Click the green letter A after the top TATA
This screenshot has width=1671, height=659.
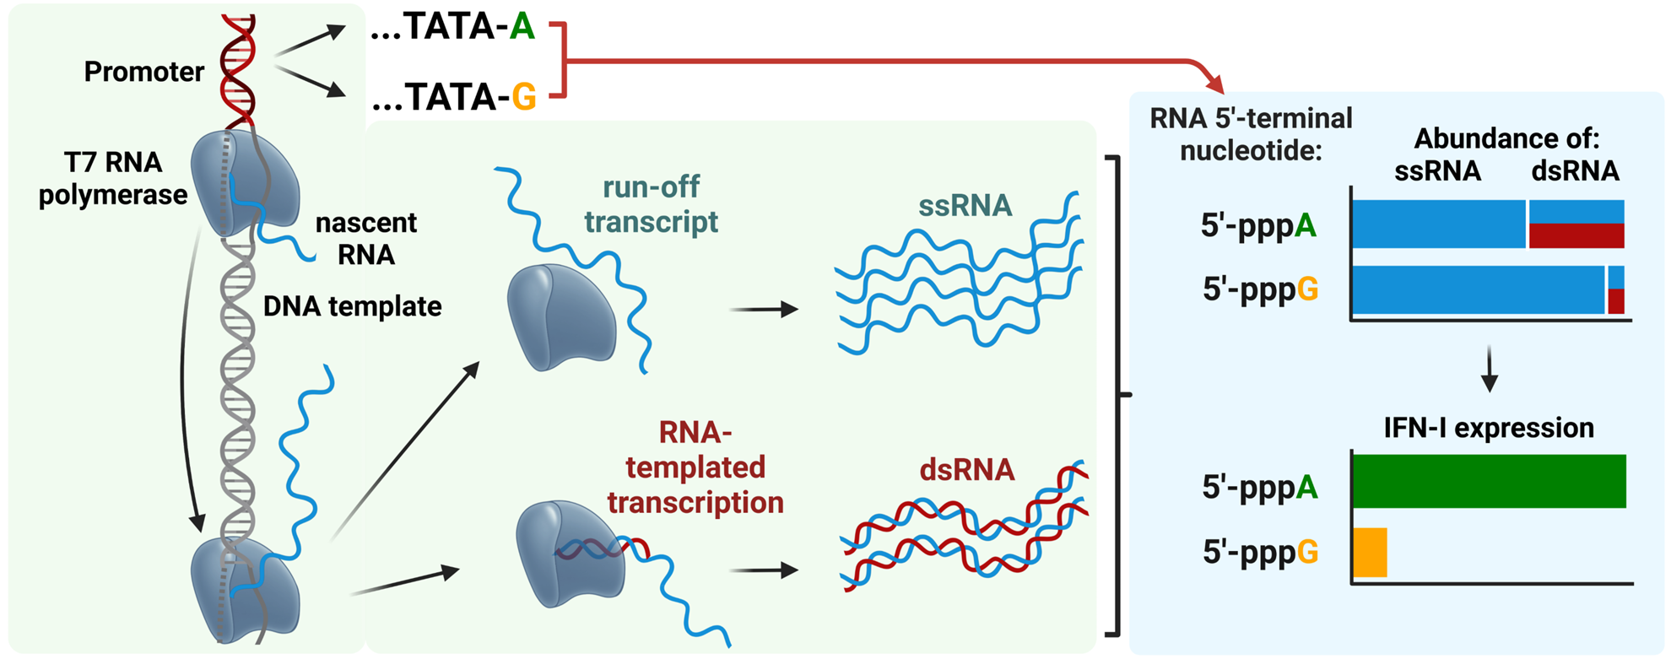[522, 27]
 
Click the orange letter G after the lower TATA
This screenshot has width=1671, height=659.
[523, 98]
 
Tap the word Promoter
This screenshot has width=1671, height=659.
[143, 72]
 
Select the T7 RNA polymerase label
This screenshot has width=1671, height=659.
[112, 178]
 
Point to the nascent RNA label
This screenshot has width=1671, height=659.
[365, 239]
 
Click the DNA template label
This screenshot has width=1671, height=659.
[352, 306]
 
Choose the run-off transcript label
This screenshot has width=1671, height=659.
[651, 204]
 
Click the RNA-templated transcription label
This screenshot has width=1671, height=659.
[695, 467]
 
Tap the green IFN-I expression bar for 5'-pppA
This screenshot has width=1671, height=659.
[1489, 481]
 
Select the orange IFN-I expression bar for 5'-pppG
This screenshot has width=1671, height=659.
[1370, 553]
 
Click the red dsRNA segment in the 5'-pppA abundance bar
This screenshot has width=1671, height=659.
[1576, 236]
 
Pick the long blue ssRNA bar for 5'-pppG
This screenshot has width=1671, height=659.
[1477, 290]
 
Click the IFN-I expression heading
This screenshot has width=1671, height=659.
[1489, 428]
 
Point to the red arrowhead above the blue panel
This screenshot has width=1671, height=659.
[1214, 84]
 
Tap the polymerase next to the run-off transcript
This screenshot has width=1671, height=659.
[560, 318]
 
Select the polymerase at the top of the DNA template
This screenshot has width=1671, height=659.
[244, 181]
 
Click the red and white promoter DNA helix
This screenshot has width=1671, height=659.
[238, 72]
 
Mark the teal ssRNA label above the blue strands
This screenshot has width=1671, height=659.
[965, 205]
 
